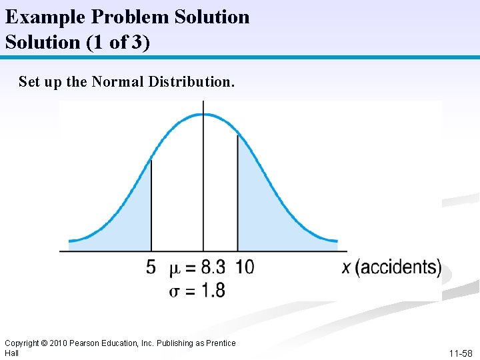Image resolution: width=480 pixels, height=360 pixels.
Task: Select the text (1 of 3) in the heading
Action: [117, 42]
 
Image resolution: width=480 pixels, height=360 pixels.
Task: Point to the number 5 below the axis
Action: [151, 268]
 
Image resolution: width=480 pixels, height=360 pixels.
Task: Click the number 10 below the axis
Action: [245, 268]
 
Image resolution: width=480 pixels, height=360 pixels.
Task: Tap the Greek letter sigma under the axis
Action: [175, 291]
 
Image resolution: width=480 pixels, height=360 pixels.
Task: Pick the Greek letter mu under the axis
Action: [175, 269]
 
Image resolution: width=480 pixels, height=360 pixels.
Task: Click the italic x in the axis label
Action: [347, 268]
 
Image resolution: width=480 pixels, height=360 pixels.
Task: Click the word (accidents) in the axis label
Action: [399, 268]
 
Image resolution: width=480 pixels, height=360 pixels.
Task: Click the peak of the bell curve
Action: [203, 115]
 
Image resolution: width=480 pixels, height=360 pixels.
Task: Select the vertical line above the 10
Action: [238, 193]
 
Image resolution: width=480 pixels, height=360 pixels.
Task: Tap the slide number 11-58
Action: [460, 353]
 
